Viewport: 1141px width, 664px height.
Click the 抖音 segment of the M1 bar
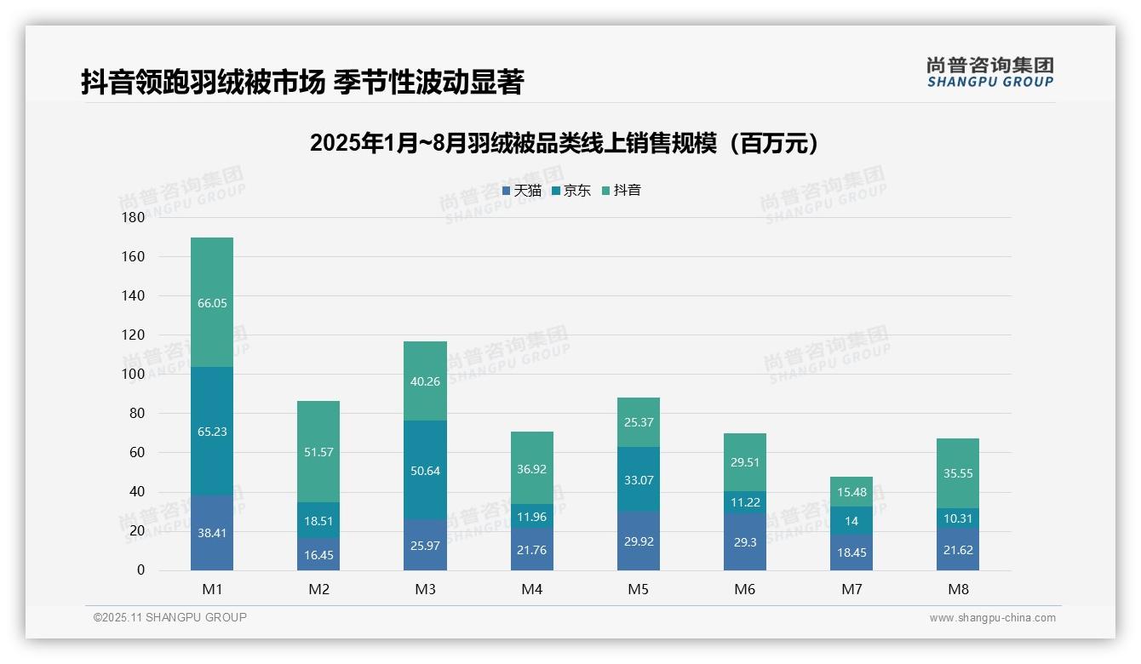coord(212,302)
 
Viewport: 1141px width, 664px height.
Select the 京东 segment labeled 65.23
coord(212,432)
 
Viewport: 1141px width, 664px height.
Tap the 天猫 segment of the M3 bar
coord(425,546)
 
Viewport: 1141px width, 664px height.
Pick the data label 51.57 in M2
coord(318,452)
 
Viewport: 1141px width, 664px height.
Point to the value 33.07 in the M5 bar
coord(638,480)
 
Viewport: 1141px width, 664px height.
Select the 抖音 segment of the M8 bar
coord(958,473)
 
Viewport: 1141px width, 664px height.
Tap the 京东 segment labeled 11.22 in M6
coord(744,502)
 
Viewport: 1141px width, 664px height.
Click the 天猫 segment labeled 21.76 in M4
coord(531,550)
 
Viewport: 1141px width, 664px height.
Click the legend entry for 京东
coord(571,191)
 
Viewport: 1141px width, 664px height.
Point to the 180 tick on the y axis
coord(134,217)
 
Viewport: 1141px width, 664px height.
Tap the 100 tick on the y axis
coord(134,374)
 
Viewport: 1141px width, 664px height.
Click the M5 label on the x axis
coord(638,589)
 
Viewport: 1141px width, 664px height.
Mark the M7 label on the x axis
coord(851,589)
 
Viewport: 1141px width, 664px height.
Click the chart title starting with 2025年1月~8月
coord(565,143)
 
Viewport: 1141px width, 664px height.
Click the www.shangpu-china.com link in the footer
coord(992,618)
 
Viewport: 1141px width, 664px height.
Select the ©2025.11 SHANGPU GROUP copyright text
coord(170,617)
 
